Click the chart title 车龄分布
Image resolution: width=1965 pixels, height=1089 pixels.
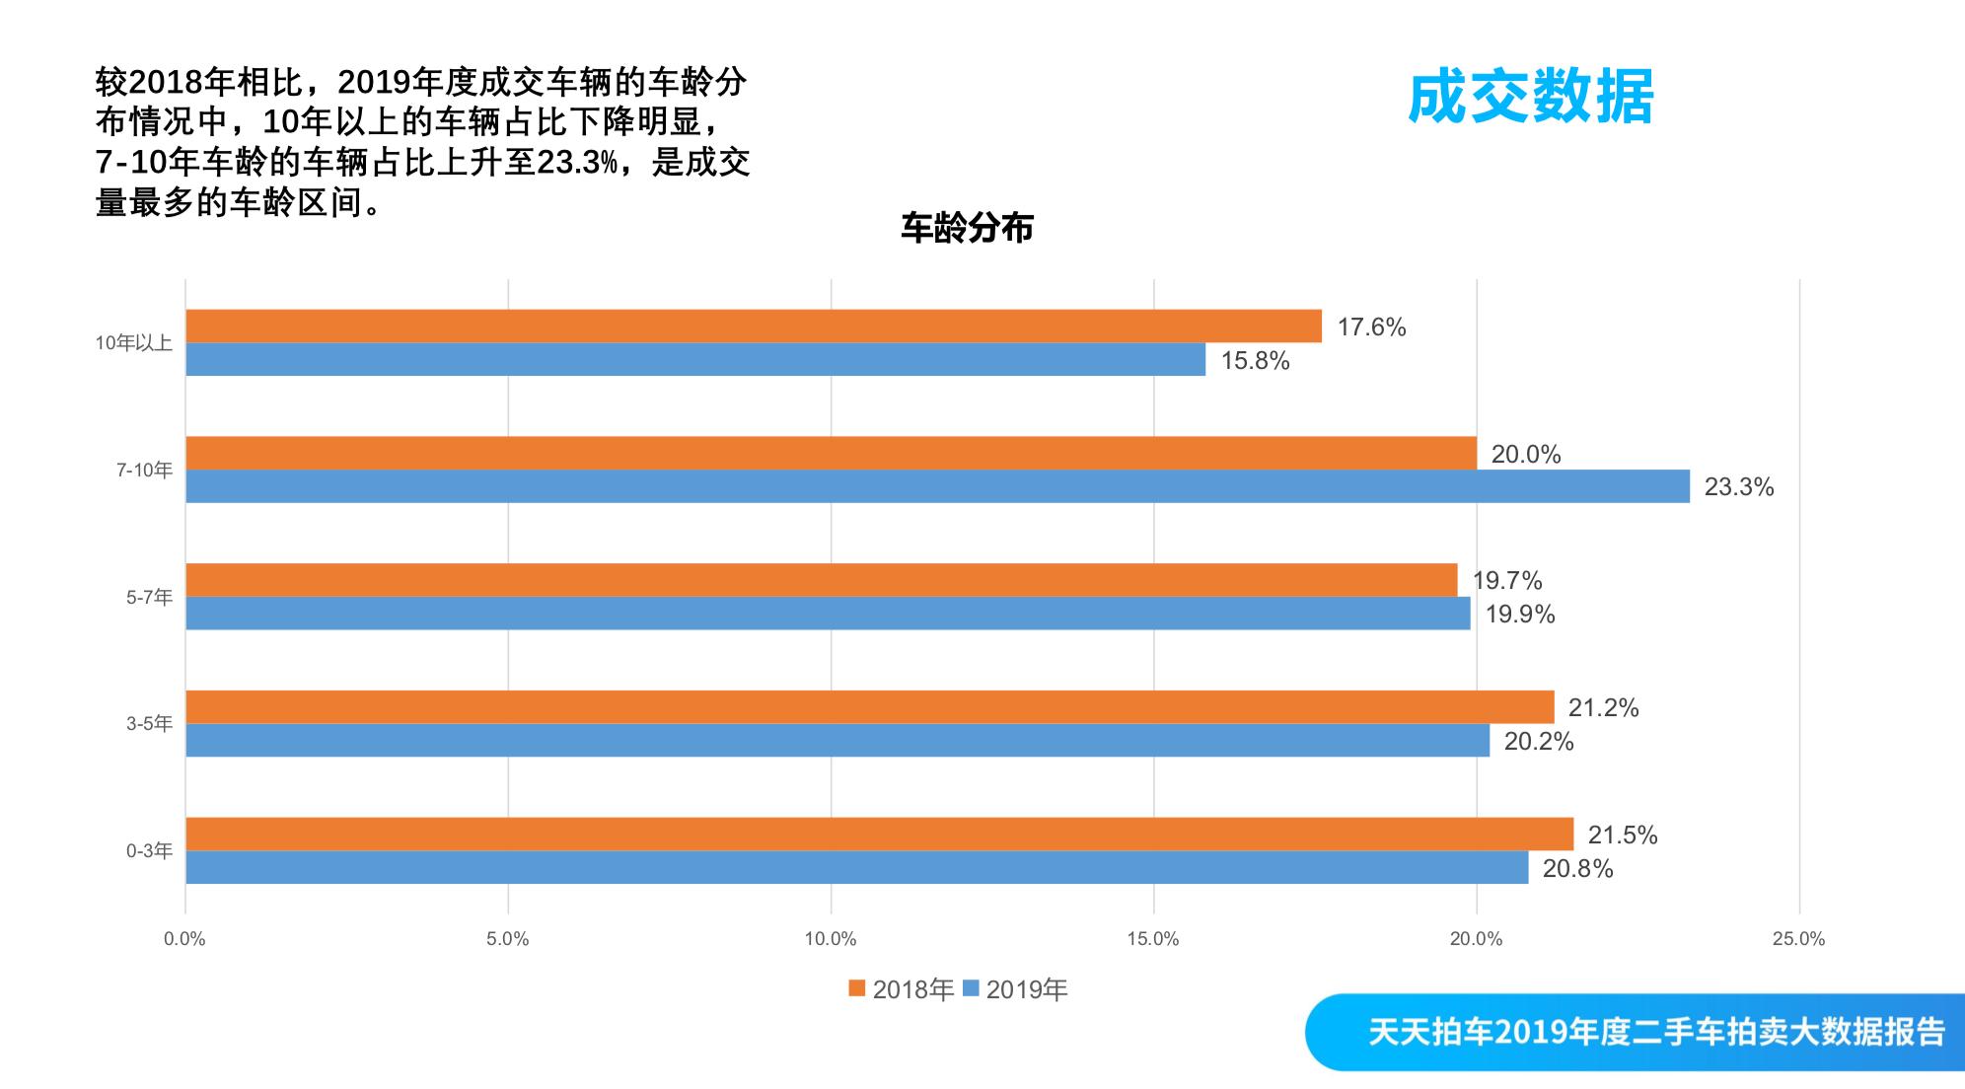967,228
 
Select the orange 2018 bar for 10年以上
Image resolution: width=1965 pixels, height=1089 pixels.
754,327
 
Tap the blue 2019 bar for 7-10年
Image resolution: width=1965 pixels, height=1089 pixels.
937,486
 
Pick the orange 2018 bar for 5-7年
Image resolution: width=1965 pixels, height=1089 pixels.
821,580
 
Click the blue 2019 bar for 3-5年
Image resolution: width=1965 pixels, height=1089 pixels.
837,741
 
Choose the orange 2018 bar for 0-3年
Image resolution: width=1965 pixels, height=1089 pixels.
879,834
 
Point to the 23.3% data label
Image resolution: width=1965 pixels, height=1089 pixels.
1738,487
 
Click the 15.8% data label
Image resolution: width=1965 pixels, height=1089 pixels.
1255,361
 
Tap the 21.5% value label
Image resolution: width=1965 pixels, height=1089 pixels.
1622,835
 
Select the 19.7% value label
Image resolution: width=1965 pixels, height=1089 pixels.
1506,581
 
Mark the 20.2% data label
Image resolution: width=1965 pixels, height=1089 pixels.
1538,742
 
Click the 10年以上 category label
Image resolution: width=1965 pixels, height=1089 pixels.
133,343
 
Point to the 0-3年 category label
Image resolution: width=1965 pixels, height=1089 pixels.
149,850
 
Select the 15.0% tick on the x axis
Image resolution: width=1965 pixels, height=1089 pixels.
1153,939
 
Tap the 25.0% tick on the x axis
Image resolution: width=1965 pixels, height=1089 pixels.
1798,939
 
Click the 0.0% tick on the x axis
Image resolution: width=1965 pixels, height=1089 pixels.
184,939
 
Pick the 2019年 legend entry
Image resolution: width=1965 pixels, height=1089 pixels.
1016,989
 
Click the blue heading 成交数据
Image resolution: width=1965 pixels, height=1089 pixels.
1530,97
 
